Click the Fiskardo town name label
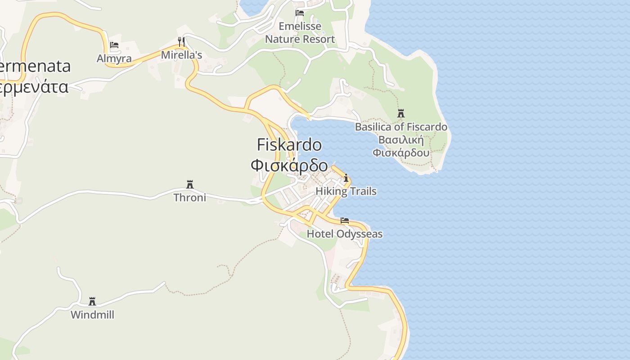point(289,145)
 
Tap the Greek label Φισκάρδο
point(289,165)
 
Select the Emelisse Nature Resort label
point(300,32)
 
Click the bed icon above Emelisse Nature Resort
point(300,13)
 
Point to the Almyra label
point(114,58)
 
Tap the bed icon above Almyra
point(114,45)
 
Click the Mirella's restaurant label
point(181,55)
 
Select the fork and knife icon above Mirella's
point(181,42)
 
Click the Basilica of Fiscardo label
point(401,127)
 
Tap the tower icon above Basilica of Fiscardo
point(401,113)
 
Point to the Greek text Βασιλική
point(401,139)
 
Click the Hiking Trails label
point(346,191)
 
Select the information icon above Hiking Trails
point(346,178)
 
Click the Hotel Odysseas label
point(345,234)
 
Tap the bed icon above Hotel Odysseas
point(345,220)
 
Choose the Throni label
point(190,198)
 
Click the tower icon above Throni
point(190,184)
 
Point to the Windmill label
point(92,315)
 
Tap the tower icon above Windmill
point(92,301)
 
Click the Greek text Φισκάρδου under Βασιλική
point(401,153)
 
